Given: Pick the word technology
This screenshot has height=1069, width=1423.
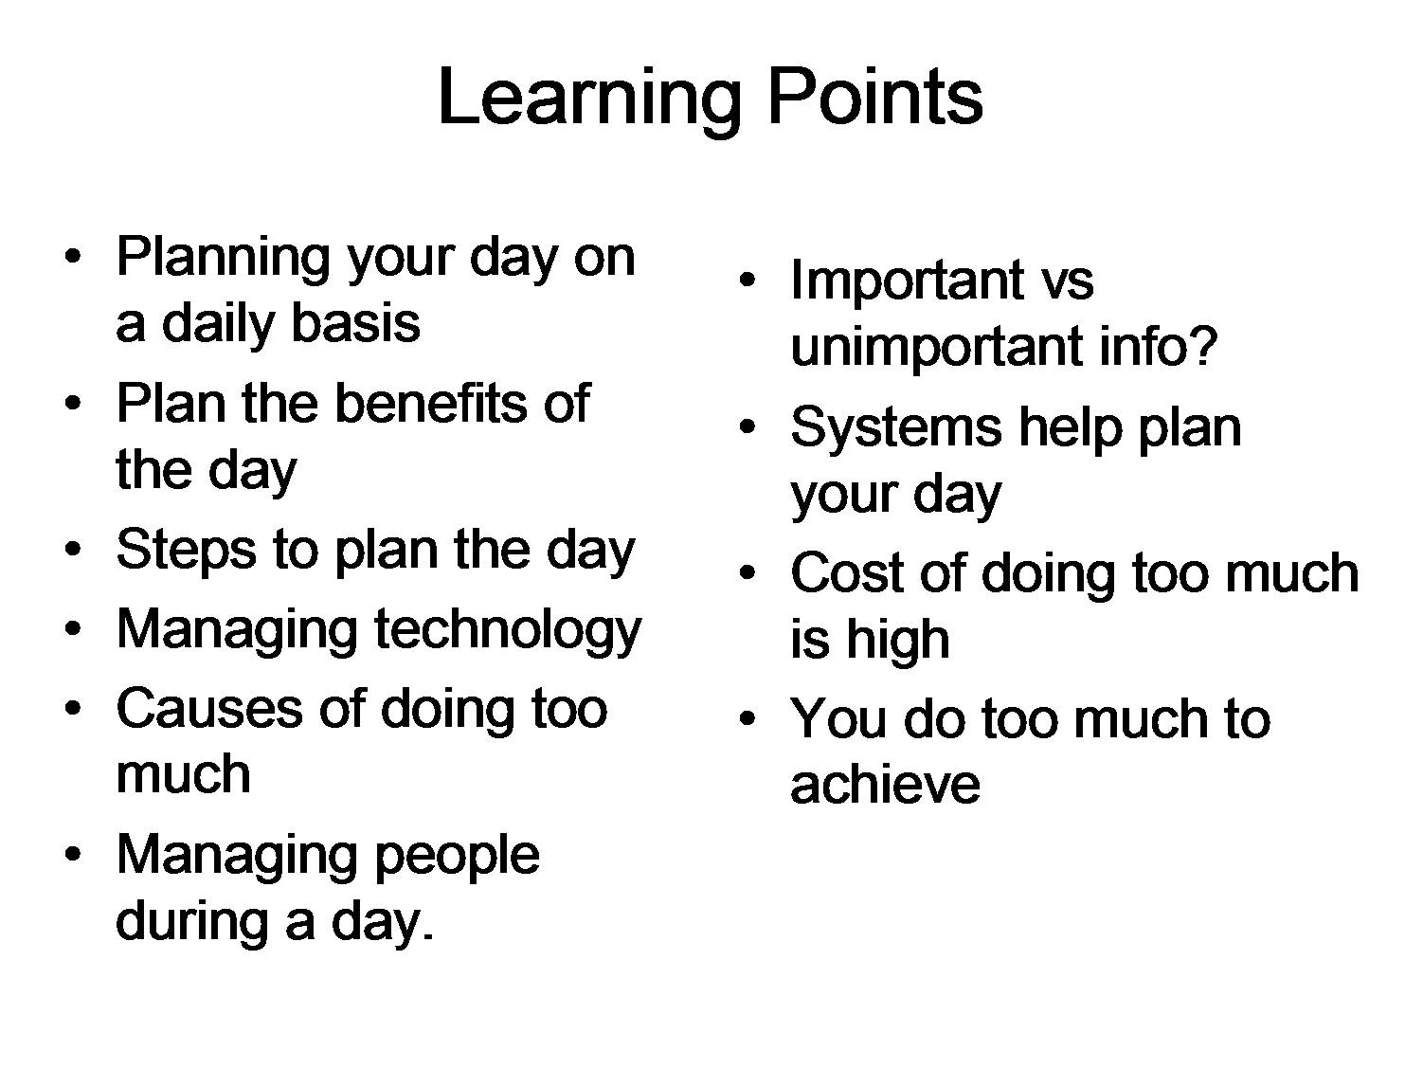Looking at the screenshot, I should (x=508, y=630).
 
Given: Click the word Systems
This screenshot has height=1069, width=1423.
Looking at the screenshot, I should (x=895, y=427).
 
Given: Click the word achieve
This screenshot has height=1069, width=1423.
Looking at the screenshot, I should (x=885, y=785).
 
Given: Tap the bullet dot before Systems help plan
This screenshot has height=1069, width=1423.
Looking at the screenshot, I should (x=748, y=428).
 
